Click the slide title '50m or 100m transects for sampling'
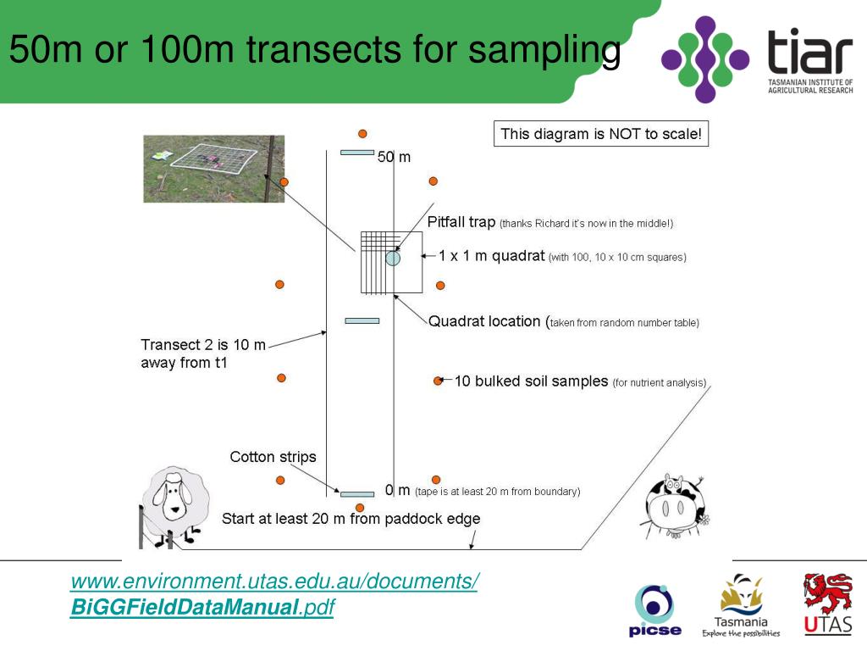click(314, 51)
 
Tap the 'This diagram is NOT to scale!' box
click(601, 134)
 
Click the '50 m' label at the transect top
click(394, 157)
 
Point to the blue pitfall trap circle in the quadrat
click(393, 259)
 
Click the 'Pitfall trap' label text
click(461, 222)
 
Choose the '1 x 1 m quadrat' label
click(491, 256)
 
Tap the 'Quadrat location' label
click(484, 321)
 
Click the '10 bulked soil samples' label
click(532, 381)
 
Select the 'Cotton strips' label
click(273, 457)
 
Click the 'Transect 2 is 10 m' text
click(203, 345)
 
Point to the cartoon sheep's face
click(174, 500)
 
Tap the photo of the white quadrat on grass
click(213, 168)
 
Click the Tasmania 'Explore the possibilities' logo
click(741, 605)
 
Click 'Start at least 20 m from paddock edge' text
click(351, 519)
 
